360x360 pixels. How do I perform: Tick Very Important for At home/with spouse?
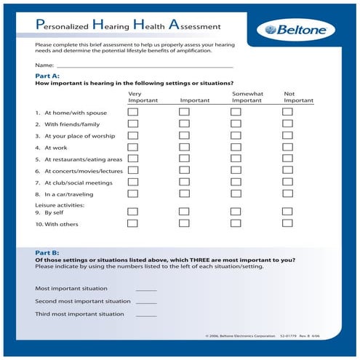(x=132, y=113)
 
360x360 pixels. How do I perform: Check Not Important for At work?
(x=287, y=148)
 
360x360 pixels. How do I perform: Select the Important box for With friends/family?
(x=184, y=124)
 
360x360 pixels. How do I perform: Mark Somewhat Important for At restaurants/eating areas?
(x=236, y=159)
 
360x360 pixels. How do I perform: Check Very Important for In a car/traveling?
(x=132, y=194)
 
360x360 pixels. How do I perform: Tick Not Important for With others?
(x=287, y=223)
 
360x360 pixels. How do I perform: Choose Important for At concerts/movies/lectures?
(x=184, y=171)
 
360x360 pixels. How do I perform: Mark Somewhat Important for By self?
(x=236, y=212)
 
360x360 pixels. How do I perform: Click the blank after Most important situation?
(x=146, y=289)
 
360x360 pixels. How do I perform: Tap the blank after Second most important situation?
(x=146, y=301)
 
